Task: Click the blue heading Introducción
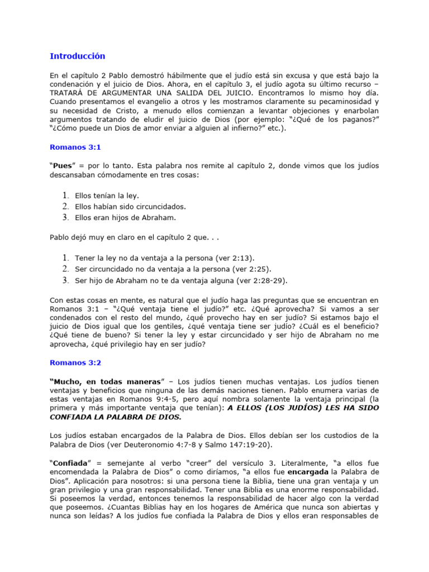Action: [77, 56]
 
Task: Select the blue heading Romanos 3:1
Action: [75, 147]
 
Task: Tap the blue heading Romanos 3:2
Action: [75, 363]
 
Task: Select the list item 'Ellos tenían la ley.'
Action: [107, 196]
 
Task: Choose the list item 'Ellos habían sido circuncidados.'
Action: [130, 206]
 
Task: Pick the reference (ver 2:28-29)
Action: [268, 280]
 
